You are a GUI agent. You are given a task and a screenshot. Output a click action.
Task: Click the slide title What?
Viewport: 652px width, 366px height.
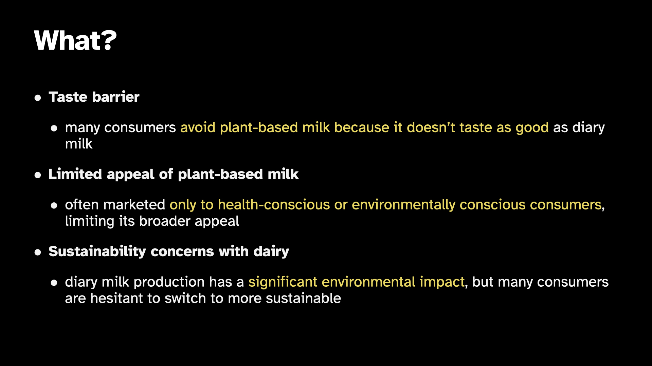75,41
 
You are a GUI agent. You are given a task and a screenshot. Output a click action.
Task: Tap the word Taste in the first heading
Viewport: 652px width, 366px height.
68,97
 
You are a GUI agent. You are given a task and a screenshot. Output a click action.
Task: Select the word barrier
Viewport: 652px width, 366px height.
116,97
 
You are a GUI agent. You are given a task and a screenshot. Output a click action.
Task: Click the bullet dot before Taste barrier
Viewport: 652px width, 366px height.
38,98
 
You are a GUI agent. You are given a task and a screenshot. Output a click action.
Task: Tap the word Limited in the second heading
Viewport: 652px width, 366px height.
75,174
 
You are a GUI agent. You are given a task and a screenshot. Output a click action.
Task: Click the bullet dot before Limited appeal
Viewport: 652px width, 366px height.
38,176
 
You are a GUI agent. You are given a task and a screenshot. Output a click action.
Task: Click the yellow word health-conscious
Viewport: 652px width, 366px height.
274,205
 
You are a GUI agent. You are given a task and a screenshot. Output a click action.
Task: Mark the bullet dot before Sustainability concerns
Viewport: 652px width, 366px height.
38,253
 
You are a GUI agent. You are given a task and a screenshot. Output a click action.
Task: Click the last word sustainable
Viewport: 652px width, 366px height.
303,299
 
